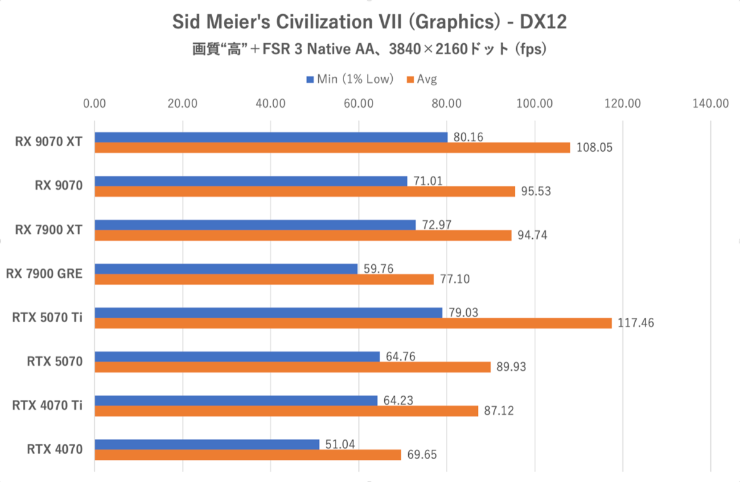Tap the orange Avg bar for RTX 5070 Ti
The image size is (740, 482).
click(353, 323)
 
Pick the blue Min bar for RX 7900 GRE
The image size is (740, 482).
click(226, 269)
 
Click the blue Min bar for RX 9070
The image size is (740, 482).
click(250, 181)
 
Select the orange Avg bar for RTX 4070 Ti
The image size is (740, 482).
click(286, 411)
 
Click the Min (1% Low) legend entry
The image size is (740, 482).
click(350, 79)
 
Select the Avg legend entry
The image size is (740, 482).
click(426, 79)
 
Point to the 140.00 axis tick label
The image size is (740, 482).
click(711, 104)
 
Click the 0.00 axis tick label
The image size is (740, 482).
click(95, 104)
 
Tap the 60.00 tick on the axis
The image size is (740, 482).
click(359, 104)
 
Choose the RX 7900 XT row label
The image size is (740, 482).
click(49, 230)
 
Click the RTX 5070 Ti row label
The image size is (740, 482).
click(47, 318)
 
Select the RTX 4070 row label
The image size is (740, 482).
click(55, 449)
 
